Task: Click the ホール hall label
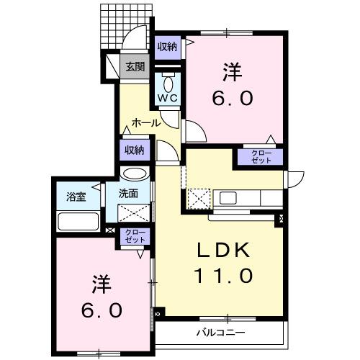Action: [145, 123]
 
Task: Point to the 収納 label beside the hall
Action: [134, 150]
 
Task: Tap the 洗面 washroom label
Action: [129, 193]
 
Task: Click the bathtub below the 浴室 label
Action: [78, 221]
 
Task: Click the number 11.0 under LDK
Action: [223, 275]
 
